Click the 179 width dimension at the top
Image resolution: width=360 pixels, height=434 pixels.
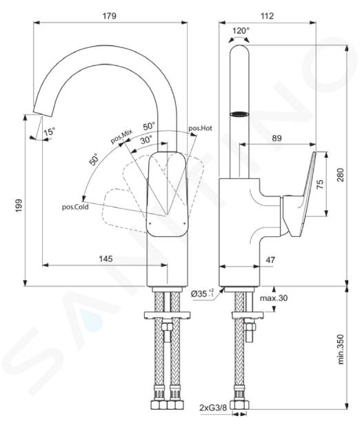[110, 16]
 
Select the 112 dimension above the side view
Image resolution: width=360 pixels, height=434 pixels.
[267, 16]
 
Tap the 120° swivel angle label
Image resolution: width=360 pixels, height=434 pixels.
[241, 30]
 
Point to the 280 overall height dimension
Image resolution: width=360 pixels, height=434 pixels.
[341, 175]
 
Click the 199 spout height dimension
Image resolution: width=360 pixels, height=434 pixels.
[19, 205]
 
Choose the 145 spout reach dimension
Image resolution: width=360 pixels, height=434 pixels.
[106, 258]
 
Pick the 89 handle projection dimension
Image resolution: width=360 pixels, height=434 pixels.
[277, 138]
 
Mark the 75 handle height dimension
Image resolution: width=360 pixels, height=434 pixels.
[319, 184]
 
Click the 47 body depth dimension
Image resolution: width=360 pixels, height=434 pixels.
[270, 260]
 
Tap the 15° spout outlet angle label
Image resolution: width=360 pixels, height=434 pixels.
[49, 132]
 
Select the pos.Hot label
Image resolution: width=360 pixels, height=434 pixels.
[201, 128]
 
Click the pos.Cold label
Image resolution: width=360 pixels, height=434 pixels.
[75, 207]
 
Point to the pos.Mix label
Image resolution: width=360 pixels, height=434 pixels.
[121, 136]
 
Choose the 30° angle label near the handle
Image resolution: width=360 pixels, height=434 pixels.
[147, 140]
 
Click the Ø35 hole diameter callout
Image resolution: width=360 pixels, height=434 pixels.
[203, 293]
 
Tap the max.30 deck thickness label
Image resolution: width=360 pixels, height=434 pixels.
[274, 298]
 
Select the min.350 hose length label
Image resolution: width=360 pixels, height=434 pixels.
[341, 349]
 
